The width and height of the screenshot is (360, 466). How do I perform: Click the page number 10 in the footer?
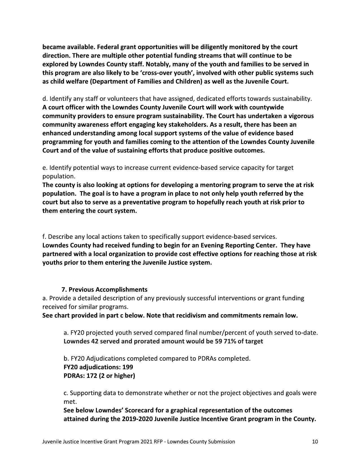(x=315, y=442)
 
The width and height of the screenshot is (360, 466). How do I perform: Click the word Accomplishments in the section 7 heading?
(x=121, y=290)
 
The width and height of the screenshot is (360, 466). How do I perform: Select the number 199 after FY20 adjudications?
(x=127, y=367)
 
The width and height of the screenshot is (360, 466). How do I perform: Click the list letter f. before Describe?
(x=44, y=237)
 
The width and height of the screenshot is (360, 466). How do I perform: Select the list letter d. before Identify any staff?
(x=45, y=99)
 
